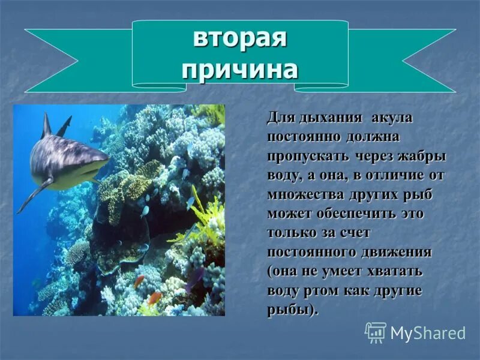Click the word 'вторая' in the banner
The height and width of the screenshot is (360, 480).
point(240,40)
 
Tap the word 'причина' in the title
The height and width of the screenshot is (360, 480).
point(240,70)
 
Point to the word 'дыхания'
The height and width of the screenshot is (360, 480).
point(325,118)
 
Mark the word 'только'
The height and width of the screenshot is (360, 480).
point(290,233)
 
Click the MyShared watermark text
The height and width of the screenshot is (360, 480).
point(427,333)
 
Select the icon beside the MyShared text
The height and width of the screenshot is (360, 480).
point(376,332)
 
